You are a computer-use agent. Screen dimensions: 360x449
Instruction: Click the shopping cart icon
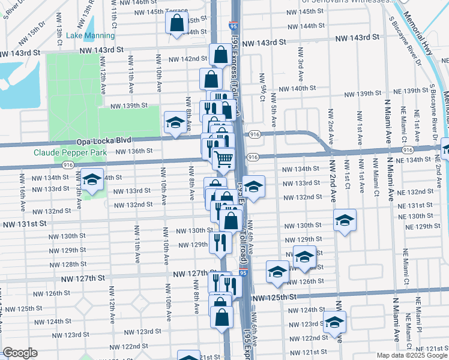pos(224,159)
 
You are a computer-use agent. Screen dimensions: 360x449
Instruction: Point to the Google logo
pos(20,353)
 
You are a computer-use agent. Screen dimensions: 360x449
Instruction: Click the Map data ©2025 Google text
pos(412,355)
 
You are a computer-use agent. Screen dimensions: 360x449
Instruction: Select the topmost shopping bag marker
pos(177,23)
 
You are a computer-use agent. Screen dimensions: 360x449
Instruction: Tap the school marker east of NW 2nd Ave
pos(345,220)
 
